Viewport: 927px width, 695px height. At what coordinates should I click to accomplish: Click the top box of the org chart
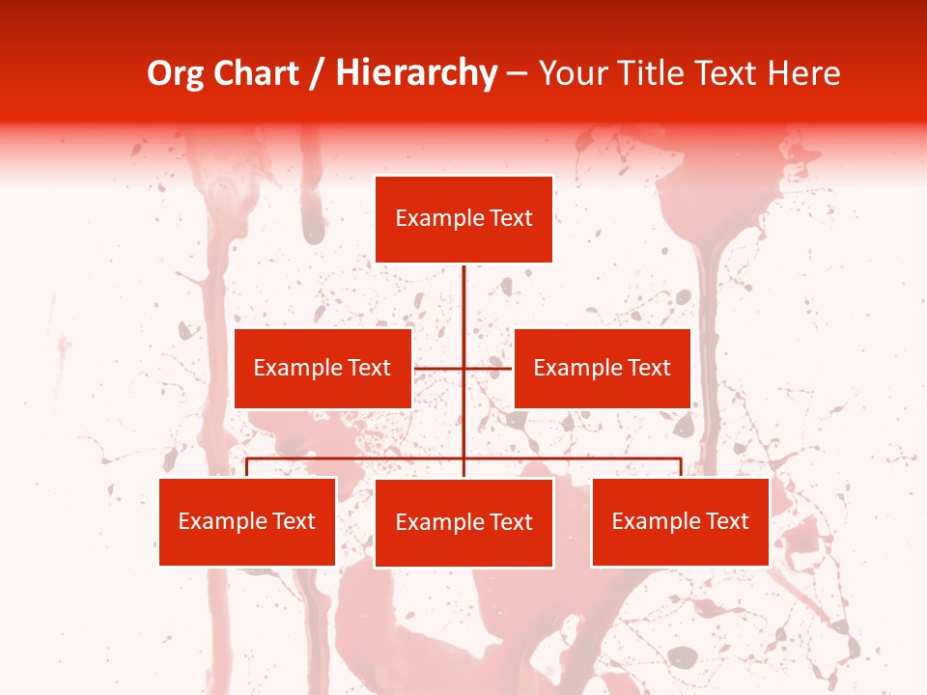tap(463, 219)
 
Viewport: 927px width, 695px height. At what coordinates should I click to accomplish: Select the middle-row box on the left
tap(323, 368)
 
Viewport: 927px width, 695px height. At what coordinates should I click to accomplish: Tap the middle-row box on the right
tap(602, 368)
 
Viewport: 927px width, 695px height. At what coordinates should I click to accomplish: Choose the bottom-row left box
tap(247, 521)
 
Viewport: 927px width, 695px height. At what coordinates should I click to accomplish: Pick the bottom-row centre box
tap(463, 522)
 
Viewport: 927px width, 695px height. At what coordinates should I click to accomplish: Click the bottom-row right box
tap(680, 521)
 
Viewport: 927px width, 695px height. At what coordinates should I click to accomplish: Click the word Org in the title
tap(175, 73)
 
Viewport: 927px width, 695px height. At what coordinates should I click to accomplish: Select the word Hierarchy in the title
tap(415, 73)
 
